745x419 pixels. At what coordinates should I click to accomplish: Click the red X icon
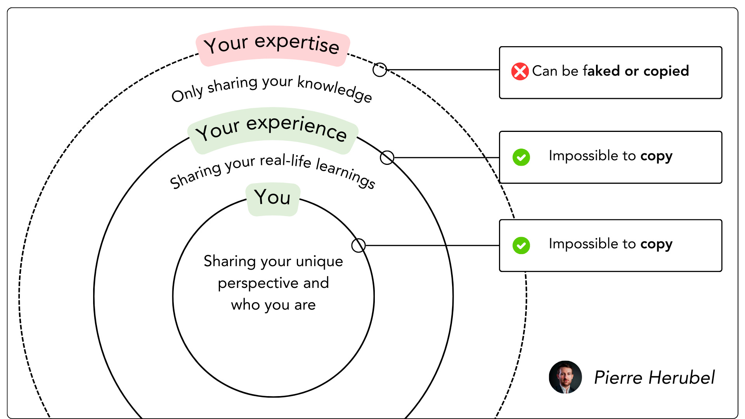520,71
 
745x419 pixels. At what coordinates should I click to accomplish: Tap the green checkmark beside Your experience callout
521,158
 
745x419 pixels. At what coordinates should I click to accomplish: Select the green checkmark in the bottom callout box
521,246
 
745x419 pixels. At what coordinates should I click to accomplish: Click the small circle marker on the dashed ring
379,70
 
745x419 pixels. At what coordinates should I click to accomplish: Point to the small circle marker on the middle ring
387,158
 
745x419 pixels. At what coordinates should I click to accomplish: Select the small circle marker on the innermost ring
358,245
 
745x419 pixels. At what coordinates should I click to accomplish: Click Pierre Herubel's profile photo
565,377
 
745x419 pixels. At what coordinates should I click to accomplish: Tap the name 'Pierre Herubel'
654,377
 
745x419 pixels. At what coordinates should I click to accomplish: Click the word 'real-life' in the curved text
286,160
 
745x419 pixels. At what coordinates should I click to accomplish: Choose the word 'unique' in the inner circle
319,262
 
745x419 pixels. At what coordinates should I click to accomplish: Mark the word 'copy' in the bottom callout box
656,244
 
